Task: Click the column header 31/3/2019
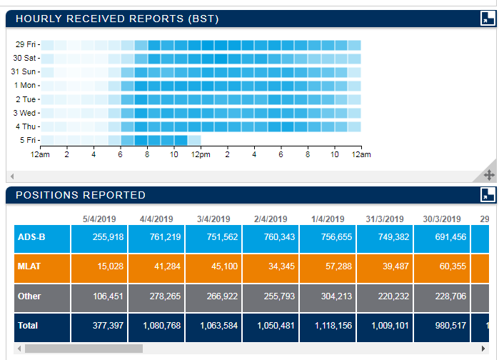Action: [x=384, y=219]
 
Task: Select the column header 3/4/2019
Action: [x=213, y=219]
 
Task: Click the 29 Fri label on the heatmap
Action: [x=26, y=44]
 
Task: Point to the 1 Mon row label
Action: [x=26, y=85]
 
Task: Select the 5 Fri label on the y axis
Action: [x=28, y=140]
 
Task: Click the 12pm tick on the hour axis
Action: [x=201, y=154]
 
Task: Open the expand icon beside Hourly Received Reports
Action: [x=488, y=19]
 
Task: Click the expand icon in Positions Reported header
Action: [x=488, y=195]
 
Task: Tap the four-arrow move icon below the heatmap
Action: [x=489, y=174]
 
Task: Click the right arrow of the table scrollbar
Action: [x=483, y=349]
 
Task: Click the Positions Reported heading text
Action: [x=81, y=195]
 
